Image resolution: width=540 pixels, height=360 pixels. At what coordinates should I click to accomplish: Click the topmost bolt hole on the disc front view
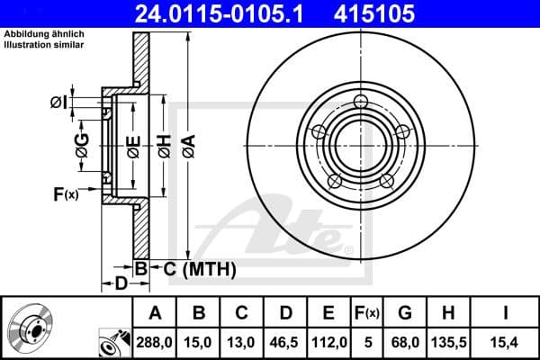pyautogui.click(x=362, y=101)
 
